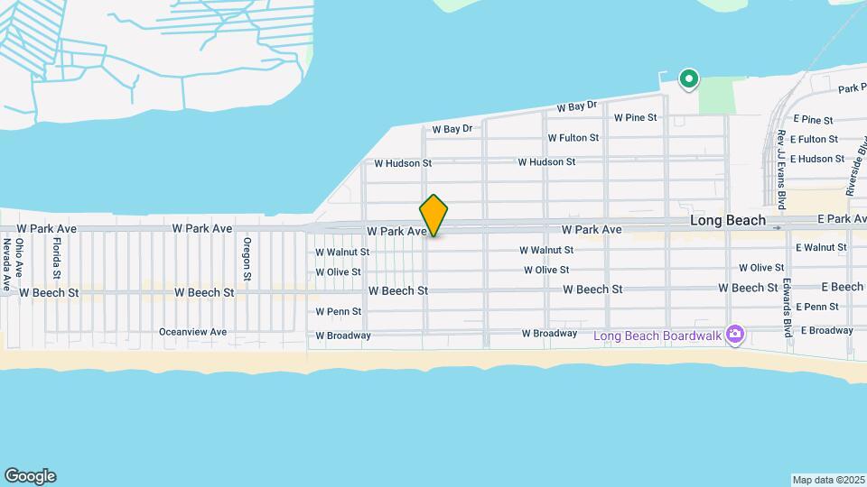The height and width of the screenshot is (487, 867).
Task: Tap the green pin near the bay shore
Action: click(689, 79)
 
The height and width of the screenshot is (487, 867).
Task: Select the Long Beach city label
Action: click(727, 220)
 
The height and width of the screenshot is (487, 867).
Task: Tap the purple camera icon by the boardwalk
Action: click(735, 335)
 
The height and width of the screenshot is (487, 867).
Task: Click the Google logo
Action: click(29, 476)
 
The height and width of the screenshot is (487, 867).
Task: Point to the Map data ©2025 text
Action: click(827, 480)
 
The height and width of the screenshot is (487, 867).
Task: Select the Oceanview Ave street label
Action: click(192, 332)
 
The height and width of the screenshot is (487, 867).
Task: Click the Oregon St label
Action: click(247, 258)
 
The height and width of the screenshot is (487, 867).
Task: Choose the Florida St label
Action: click(56, 258)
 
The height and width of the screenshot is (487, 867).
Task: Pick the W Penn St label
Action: click(338, 312)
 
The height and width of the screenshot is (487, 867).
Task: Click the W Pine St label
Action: click(635, 117)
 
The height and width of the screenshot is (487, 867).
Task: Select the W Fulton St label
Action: click(573, 138)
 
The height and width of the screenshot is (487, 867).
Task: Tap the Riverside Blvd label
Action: click(854, 167)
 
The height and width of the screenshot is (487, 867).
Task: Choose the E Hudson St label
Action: click(816, 159)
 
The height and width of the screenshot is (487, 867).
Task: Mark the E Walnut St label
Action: click(820, 247)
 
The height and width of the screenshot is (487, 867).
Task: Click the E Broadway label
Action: click(825, 330)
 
